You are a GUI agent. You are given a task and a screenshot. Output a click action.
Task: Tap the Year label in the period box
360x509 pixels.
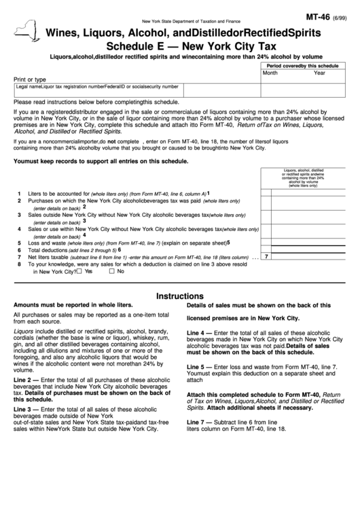point(319,72)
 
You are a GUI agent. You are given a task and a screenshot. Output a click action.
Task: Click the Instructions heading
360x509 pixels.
point(180,296)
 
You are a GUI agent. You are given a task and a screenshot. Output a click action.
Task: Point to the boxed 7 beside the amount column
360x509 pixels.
point(266,257)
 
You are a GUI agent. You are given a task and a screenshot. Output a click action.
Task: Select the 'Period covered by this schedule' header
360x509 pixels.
point(303,65)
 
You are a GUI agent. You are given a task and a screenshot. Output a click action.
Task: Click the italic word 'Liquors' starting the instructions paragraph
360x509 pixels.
point(24,331)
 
